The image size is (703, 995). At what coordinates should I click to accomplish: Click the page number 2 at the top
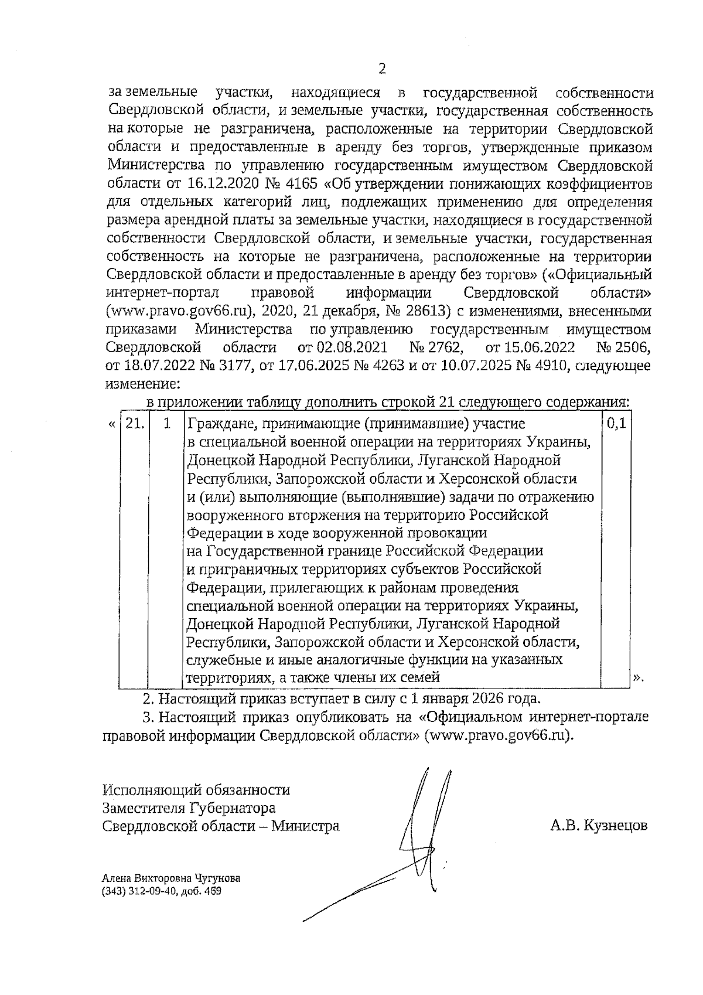click(x=382, y=70)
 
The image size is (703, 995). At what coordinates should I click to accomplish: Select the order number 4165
click(x=302, y=184)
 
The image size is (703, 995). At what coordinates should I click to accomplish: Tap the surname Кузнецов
click(x=616, y=826)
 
